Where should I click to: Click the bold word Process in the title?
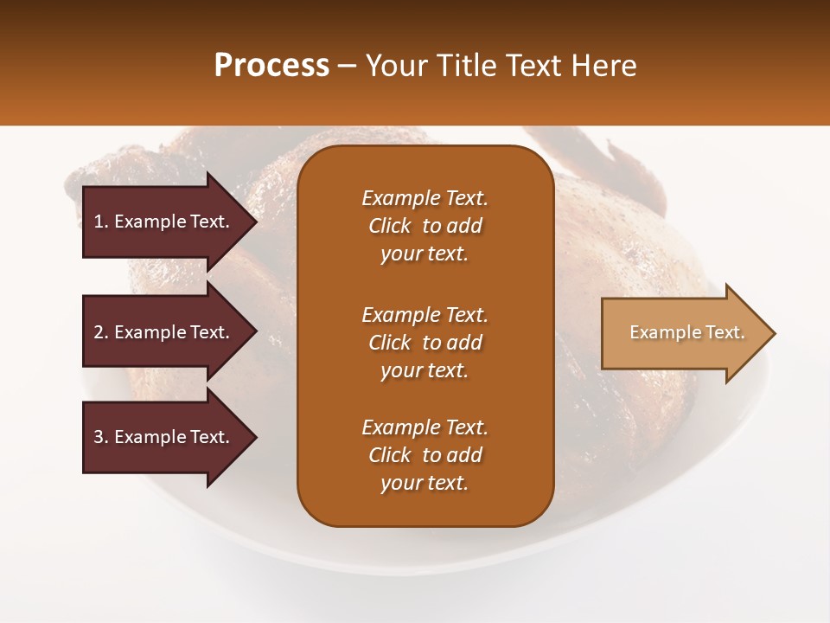[x=271, y=66]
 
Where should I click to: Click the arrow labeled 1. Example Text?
[x=164, y=222]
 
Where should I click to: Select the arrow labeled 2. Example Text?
[x=164, y=332]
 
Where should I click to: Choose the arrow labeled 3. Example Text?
[x=164, y=437]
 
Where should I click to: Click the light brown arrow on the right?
[x=683, y=333]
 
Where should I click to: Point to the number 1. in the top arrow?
[x=101, y=222]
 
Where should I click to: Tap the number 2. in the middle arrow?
[x=101, y=332]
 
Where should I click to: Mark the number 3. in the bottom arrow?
[x=101, y=437]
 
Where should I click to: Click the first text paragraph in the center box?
[x=425, y=226]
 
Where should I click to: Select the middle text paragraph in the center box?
[x=425, y=343]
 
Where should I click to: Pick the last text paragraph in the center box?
[x=425, y=455]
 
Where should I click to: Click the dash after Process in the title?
[x=347, y=66]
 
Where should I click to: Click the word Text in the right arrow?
[x=725, y=332]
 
